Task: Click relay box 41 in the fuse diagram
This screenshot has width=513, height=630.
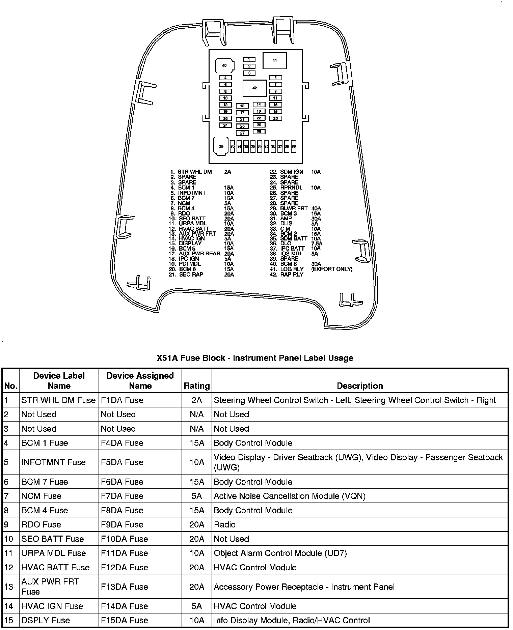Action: click(274, 61)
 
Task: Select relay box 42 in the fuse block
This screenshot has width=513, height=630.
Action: click(254, 88)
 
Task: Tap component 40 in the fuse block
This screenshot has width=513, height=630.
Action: click(224, 66)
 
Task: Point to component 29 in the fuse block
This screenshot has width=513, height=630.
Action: click(221, 147)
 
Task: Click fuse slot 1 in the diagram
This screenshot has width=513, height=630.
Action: click(249, 59)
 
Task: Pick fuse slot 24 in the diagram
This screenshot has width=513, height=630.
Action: click(225, 125)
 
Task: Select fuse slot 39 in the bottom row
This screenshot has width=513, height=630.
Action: click(294, 147)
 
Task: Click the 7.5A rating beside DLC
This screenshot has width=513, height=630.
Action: click(317, 244)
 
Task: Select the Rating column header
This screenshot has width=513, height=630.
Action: click(196, 386)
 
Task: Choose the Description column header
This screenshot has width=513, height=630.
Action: click(360, 386)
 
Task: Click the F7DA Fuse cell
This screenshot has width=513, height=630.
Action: click(122, 496)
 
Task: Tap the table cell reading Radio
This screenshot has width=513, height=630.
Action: click(225, 524)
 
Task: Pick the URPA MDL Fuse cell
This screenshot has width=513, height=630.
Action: click(54, 553)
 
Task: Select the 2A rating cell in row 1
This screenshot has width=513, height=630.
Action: click(196, 400)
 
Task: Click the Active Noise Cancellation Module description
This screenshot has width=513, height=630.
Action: click(289, 496)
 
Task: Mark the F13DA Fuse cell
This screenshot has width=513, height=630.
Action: click(124, 587)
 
